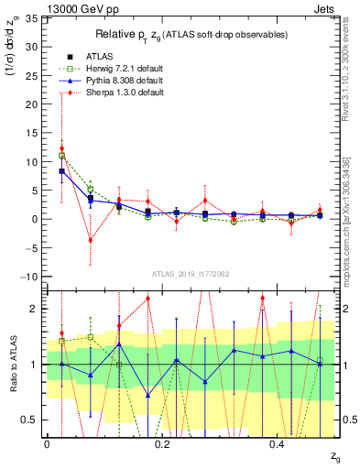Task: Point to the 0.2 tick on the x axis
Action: click(162, 444)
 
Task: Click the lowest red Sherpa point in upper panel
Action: click(90, 240)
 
